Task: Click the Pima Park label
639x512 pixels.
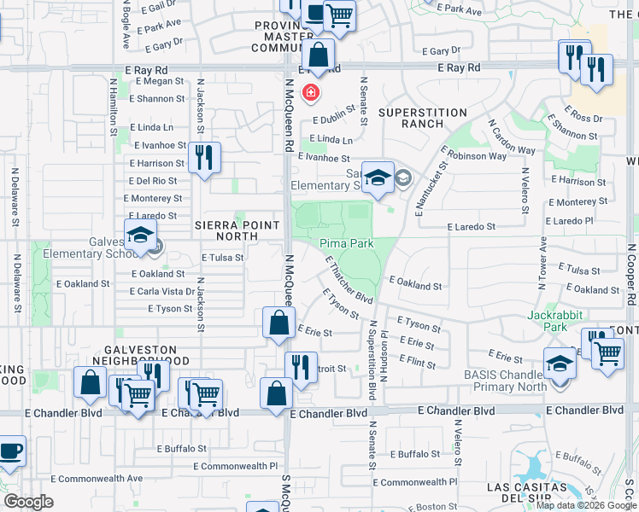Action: [347, 243]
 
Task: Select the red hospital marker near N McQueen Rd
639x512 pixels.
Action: [312, 91]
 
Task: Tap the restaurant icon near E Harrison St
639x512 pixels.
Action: [204, 157]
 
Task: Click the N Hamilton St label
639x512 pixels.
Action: [113, 108]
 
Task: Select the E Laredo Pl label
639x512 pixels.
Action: [578, 221]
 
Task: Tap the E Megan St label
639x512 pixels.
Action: [155, 82]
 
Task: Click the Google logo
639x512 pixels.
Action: [28, 502]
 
